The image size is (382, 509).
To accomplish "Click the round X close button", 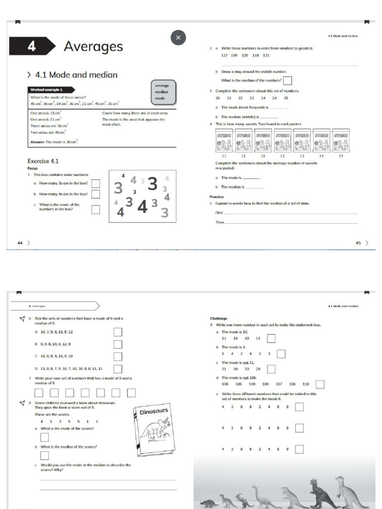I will coord(178,37).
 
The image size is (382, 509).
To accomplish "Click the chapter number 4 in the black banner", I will coord(32,46).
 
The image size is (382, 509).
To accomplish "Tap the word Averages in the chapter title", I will coord(93,46).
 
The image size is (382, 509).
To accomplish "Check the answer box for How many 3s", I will coord(95,183).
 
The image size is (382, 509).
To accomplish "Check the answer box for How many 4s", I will coord(95,194).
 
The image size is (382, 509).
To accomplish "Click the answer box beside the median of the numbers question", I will coord(287,81).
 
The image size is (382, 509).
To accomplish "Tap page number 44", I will coord(20,243).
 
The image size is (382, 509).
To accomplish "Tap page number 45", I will coord(358,243).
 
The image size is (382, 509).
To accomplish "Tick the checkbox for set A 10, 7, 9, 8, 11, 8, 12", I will coord(118,332).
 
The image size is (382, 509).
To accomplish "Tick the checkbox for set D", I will coord(118,368).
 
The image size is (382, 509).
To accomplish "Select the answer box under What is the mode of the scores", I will coord(45,437).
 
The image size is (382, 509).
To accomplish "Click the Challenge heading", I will coord(219,319).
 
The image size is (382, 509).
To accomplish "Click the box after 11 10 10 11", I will coord(271,339).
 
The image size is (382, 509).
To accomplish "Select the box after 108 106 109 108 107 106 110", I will coord(320,384).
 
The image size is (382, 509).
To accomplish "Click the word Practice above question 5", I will coord(217,197).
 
